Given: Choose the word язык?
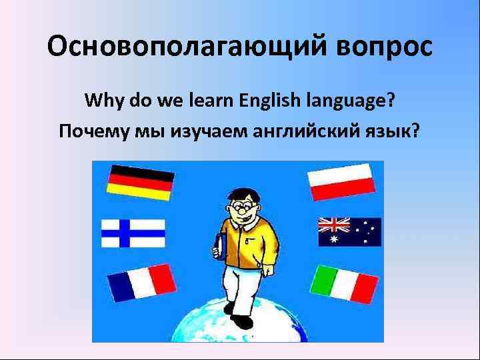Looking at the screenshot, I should click(394, 130).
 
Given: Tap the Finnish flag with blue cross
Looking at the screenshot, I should click(133, 233).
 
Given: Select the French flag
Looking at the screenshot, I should click(141, 283).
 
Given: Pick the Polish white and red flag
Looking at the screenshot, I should click(340, 181).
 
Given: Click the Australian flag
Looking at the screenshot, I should click(349, 232).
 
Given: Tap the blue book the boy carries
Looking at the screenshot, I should click(221, 247).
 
